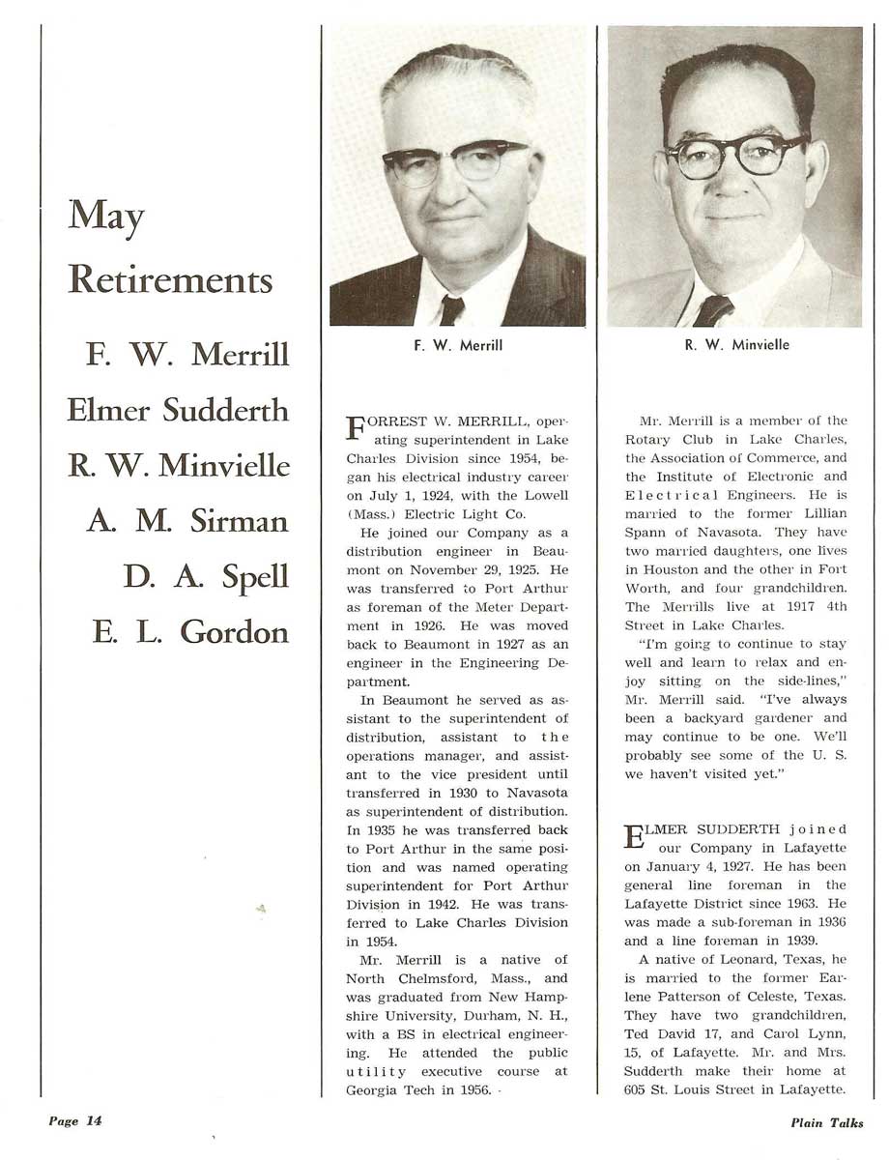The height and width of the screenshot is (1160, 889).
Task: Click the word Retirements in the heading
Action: (x=171, y=279)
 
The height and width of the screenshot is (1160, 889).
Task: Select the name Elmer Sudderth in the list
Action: (x=178, y=410)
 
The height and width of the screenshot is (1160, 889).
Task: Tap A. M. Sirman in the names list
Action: (x=187, y=521)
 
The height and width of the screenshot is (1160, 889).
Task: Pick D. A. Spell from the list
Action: (x=206, y=577)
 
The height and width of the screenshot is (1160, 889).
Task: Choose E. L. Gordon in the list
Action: (x=190, y=632)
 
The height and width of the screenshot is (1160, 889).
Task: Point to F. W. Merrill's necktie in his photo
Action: (x=451, y=309)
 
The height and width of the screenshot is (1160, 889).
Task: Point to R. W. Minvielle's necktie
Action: (x=712, y=310)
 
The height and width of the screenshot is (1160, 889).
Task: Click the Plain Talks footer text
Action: (x=826, y=1122)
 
